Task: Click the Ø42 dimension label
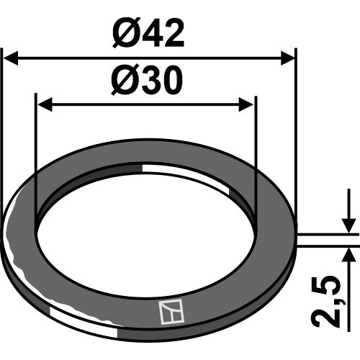(x=148, y=33)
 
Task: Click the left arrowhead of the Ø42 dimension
(x=11, y=58)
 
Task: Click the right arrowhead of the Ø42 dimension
(x=287, y=58)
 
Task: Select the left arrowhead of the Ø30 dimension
(x=45, y=104)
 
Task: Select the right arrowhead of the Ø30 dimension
(x=246, y=104)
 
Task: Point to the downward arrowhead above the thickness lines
(x=349, y=225)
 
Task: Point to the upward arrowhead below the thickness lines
(x=349, y=255)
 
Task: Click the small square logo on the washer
(x=171, y=312)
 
